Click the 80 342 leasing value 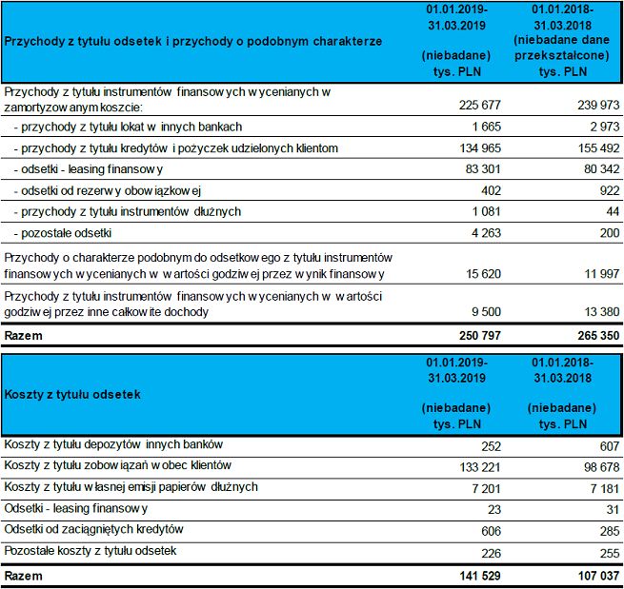[x=600, y=169]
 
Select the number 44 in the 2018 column [x=614, y=211]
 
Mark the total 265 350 [x=596, y=336]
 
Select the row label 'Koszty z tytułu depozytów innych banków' [x=113, y=445]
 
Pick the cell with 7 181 [x=604, y=487]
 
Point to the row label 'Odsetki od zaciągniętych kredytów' [x=94, y=530]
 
